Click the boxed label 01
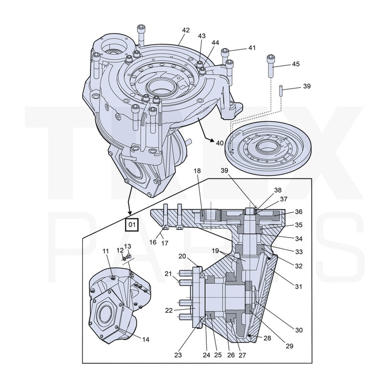131,225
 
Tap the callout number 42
186,30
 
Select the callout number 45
296,64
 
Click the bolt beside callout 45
270,65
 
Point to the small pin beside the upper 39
282,91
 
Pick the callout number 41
252,48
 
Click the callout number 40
219,143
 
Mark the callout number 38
278,190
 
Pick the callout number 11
106,251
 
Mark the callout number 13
128,246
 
